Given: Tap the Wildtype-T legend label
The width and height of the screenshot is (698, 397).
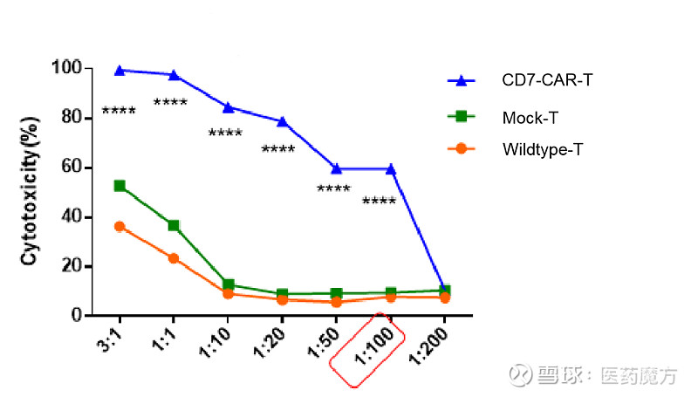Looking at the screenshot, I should click(x=542, y=149).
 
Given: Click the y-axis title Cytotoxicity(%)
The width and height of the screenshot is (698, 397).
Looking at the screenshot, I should click(x=30, y=190).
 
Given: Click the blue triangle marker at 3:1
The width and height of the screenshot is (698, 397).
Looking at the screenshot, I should click(x=120, y=70).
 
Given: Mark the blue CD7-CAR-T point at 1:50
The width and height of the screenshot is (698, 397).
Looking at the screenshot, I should click(x=336, y=168).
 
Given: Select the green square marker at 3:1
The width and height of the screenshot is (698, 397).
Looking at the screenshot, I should click(x=120, y=186).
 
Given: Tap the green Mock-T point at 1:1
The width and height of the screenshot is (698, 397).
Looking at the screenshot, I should click(x=174, y=225).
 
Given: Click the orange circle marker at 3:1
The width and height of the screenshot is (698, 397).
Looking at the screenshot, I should click(x=120, y=227).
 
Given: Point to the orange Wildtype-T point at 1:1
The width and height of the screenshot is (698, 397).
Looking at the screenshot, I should click(x=174, y=258).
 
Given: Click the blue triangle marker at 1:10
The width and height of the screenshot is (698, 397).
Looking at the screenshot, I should click(x=228, y=107).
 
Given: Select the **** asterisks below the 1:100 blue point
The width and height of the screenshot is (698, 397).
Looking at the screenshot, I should click(x=379, y=202).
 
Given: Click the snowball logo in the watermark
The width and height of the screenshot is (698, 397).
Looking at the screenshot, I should click(x=522, y=375).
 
